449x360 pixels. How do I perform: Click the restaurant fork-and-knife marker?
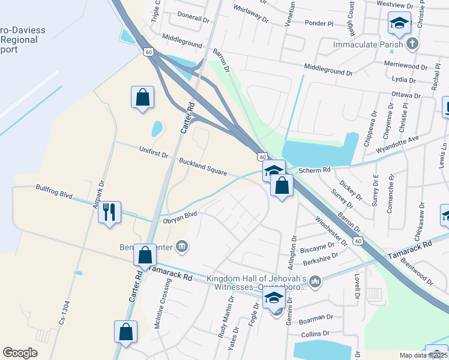[x=109, y=212]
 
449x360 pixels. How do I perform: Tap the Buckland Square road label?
[x=202, y=167]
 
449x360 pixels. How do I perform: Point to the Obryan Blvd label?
[x=180, y=217]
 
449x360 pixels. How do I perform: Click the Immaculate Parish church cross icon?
[x=412, y=44]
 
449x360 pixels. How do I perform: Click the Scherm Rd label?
[x=318, y=170]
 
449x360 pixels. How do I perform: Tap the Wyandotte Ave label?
[x=397, y=144]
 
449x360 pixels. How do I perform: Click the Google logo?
[x=20, y=353]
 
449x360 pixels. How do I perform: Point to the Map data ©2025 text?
[x=423, y=355]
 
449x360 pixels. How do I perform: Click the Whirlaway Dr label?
[x=250, y=15]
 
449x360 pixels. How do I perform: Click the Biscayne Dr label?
[x=318, y=245]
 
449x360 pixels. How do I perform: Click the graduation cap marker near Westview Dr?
[x=399, y=23]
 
